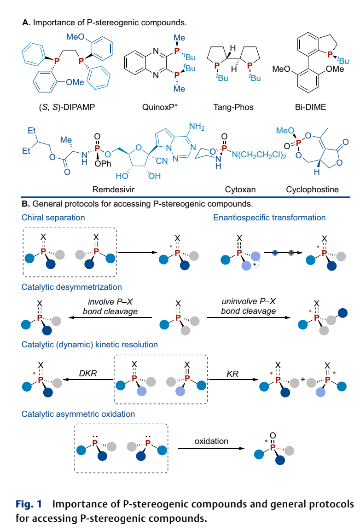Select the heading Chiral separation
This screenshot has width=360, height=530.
pos(53,218)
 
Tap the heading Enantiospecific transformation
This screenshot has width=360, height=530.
pos(269,218)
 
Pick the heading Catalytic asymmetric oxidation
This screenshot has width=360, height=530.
pos(78,414)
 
